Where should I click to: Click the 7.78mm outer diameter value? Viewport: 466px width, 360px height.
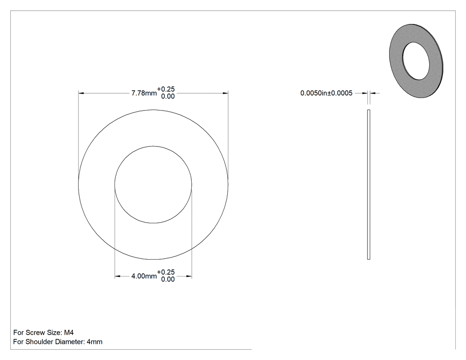[x=144, y=93]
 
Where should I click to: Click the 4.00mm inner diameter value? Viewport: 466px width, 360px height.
[x=144, y=276]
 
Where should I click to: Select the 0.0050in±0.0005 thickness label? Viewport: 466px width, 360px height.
[x=326, y=93]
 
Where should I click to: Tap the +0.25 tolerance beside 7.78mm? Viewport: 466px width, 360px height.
[x=166, y=89]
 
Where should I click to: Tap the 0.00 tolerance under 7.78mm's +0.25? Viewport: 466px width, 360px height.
[x=168, y=96]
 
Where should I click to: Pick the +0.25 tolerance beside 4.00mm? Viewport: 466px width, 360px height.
[x=166, y=272]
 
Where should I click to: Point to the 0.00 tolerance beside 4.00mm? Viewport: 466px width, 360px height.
[x=168, y=280]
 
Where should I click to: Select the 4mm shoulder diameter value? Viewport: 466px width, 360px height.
[x=95, y=342]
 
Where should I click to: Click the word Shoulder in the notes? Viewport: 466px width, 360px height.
[x=37, y=342]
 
